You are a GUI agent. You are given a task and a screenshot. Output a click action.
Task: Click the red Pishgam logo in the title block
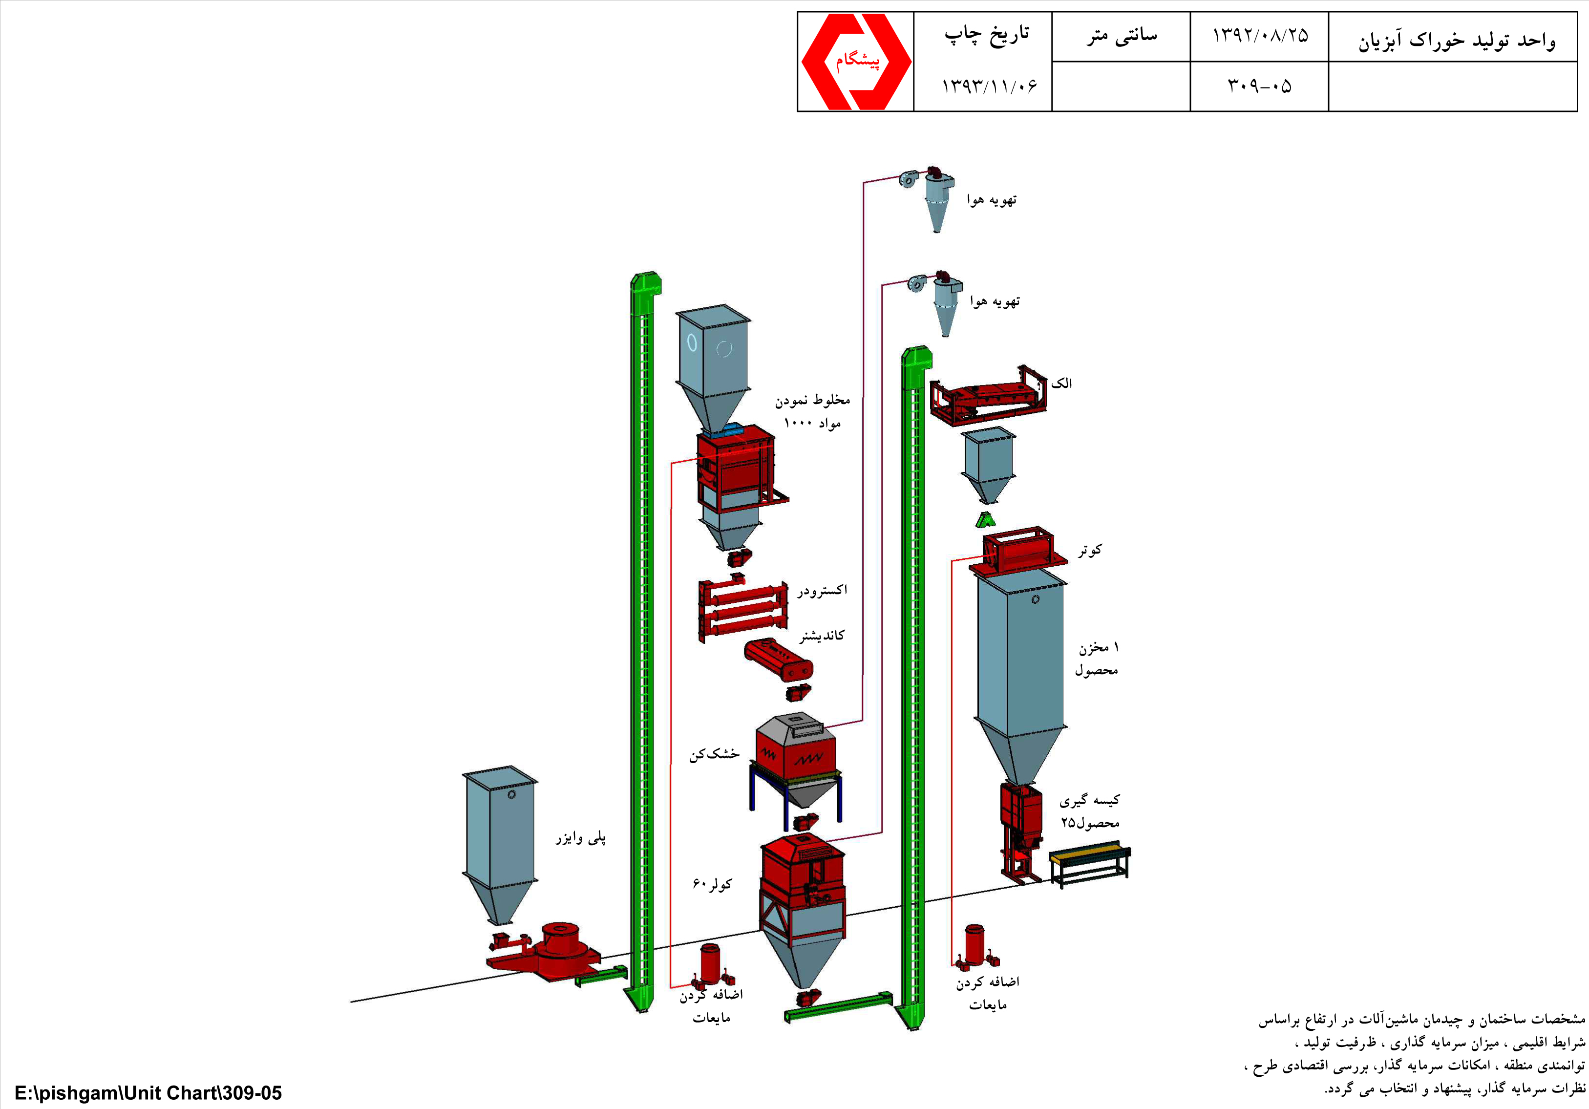click(x=856, y=62)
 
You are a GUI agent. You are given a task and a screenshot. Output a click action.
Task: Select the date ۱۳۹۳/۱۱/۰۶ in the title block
click(x=990, y=86)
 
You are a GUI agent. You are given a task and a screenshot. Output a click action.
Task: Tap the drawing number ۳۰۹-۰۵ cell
click(x=1260, y=86)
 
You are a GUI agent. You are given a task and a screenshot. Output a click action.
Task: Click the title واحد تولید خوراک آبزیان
click(x=1456, y=40)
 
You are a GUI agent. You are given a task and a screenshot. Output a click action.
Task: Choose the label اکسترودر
click(x=822, y=591)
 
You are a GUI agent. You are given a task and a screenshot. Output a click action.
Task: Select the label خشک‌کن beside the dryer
click(x=714, y=754)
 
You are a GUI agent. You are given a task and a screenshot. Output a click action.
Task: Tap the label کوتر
click(x=1089, y=550)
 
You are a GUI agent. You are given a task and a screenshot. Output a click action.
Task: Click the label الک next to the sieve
click(x=1061, y=383)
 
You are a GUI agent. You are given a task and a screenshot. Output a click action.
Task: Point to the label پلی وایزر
click(x=581, y=838)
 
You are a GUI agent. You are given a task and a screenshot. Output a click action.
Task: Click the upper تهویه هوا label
click(x=992, y=200)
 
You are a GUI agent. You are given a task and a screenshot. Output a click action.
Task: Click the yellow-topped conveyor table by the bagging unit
click(x=1090, y=862)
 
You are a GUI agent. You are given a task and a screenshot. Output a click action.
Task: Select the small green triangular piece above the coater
click(x=986, y=520)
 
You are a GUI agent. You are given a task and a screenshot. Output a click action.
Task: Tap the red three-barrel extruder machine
click(x=742, y=607)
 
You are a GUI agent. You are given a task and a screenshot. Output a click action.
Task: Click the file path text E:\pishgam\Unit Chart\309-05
click(x=148, y=1093)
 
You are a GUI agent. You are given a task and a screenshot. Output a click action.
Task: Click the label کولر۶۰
click(x=712, y=884)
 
